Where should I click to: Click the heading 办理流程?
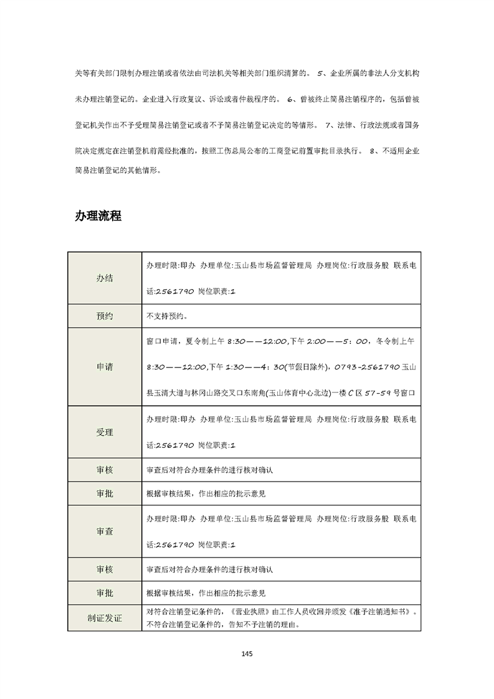(x=98, y=216)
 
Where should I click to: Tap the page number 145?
(x=247, y=654)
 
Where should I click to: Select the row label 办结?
(x=105, y=278)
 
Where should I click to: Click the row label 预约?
(x=105, y=316)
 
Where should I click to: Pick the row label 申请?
(x=105, y=367)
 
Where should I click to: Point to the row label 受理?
(x=105, y=431)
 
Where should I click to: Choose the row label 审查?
(x=105, y=531)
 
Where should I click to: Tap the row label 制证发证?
(x=105, y=618)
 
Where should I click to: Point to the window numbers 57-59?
(x=377, y=393)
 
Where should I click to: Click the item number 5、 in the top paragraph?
(x=321, y=73)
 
